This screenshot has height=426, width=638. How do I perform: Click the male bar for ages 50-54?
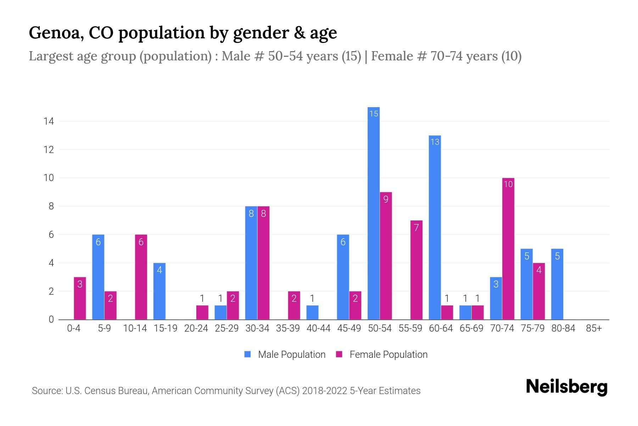point(374,213)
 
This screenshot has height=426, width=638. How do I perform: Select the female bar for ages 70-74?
point(508,248)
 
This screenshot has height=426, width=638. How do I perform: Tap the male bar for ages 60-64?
point(435,227)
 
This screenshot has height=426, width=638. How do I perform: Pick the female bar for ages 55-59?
point(416,270)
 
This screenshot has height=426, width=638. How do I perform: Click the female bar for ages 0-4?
point(80,298)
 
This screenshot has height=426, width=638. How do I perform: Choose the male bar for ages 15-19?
point(159,291)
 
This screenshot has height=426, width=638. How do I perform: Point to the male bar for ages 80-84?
point(557,284)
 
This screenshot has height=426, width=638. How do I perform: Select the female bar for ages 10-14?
point(141,277)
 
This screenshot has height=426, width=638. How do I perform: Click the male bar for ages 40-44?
point(312,312)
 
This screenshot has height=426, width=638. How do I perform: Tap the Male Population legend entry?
point(285,355)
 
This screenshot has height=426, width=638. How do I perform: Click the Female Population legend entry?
point(382,355)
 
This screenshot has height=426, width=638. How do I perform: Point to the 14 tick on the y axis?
point(49,121)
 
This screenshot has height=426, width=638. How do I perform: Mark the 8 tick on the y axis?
point(51,206)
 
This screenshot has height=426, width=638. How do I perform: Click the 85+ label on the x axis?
point(594,328)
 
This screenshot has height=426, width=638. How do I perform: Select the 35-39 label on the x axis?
point(288,328)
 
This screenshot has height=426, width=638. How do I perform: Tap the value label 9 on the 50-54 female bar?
point(386,200)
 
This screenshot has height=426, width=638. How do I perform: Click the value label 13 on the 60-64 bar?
point(435,142)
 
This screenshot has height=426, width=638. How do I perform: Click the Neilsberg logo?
point(566,387)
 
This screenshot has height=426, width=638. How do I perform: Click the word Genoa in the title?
point(56,33)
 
